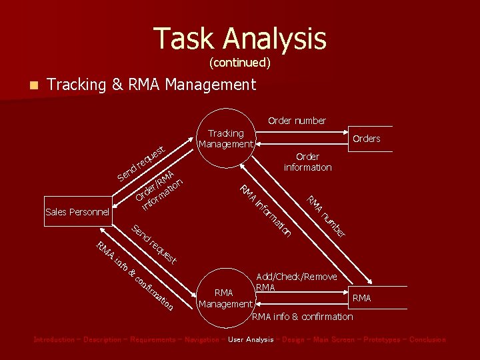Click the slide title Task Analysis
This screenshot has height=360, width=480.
(240, 39)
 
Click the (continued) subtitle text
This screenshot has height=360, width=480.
(240, 63)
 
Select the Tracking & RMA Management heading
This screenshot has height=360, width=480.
(152, 85)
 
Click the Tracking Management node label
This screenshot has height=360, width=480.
(226, 139)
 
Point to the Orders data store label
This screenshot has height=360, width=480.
(366, 139)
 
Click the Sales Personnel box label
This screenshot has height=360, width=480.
(77, 212)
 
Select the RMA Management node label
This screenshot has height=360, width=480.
(224, 298)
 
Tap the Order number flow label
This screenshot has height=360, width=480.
(297, 121)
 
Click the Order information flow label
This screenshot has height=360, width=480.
(307, 162)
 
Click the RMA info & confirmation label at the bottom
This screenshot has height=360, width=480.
(303, 317)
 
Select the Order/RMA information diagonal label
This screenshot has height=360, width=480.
(159, 190)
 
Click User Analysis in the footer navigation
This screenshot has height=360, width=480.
(251, 339)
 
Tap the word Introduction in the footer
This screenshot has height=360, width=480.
(54, 339)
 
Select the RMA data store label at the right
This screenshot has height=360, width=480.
(361, 298)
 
